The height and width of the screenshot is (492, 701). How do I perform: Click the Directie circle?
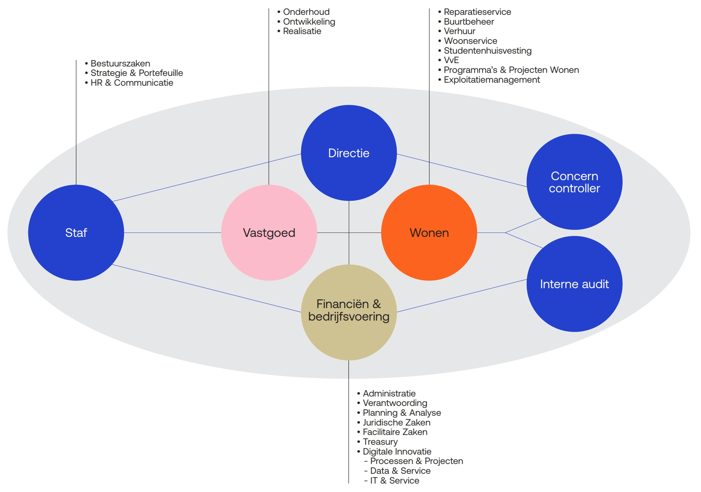point(349,153)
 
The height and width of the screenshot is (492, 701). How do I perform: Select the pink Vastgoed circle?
point(269,233)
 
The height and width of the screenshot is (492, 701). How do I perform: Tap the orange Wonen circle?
point(429,233)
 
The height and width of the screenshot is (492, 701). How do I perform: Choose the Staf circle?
point(76,233)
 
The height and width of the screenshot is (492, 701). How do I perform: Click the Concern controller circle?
point(574,182)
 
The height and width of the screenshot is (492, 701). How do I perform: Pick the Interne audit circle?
point(574,284)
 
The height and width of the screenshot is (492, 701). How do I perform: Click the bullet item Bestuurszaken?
point(120,63)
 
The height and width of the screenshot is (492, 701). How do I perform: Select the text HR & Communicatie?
point(132,83)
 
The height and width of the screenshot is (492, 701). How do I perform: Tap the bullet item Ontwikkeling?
point(309,22)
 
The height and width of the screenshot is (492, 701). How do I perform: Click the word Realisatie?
point(302,31)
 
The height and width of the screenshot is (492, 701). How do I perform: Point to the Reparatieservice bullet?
point(477,12)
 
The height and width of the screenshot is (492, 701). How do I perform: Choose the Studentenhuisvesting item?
point(487,51)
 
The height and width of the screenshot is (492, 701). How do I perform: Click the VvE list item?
point(451,60)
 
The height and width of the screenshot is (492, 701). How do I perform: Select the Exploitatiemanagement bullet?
point(492,80)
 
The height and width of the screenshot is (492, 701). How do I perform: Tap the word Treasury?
point(380,442)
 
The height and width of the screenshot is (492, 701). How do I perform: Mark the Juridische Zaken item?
point(396,422)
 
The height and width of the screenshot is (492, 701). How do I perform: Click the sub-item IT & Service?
point(394,481)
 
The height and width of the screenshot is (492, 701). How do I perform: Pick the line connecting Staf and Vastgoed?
point(172,233)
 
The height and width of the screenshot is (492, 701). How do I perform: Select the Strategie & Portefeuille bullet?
point(137,73)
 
